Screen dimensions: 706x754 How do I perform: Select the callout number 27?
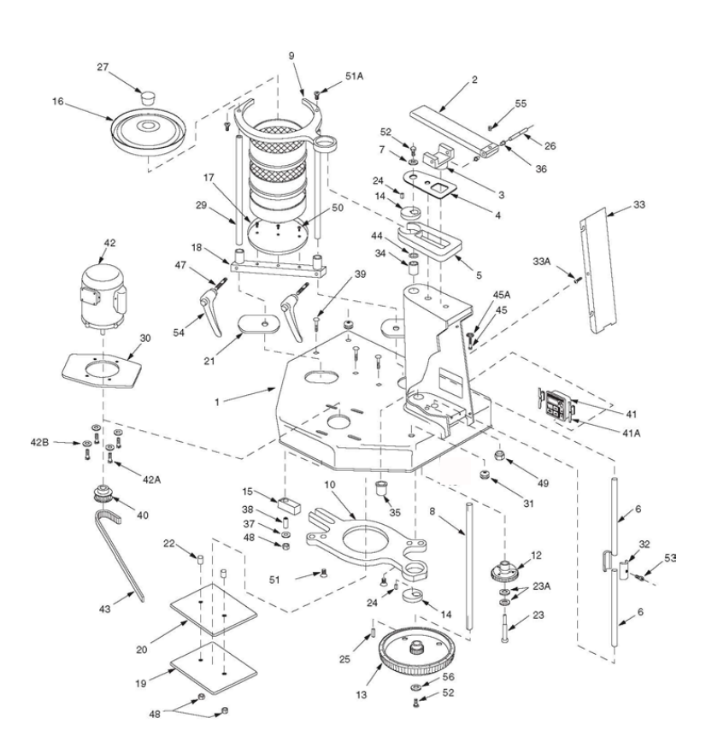103,67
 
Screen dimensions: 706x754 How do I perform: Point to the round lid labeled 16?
148,130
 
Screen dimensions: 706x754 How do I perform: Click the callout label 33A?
542,261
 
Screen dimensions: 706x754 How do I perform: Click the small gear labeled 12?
504,571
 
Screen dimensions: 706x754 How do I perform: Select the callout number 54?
179,333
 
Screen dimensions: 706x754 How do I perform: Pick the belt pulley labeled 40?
103,494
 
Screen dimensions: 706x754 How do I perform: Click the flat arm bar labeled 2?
455,130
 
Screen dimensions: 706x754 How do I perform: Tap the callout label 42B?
39,442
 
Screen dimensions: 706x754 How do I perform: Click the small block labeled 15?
289,504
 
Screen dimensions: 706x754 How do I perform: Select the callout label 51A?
355,76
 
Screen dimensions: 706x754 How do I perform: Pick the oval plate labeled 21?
259,324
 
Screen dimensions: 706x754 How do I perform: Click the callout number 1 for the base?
217,402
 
